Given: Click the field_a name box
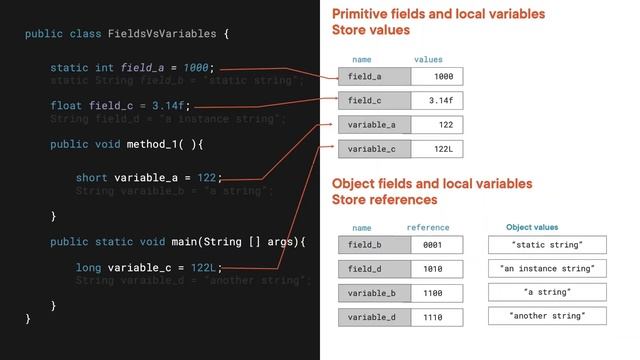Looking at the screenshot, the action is coord(372,76).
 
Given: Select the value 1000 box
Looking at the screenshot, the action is coord(437,76).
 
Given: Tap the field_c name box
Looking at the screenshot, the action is coord(372,100).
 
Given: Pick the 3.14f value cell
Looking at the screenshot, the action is coord(437,100).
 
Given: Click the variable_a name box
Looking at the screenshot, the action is coord(372,125).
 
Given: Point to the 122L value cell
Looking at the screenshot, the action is coord(437,149).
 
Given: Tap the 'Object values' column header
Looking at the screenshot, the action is coord(532,227).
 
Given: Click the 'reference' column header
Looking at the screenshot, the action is coord(428,228).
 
